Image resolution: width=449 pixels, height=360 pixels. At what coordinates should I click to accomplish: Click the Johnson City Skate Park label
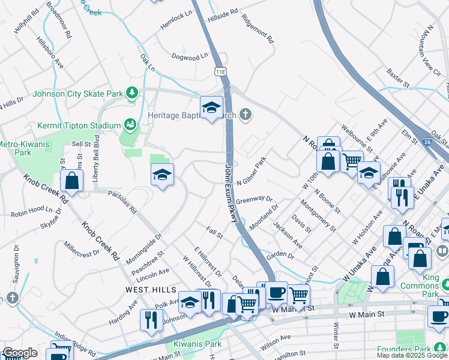click(77, 94)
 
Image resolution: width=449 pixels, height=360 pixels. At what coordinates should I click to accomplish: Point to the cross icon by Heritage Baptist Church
click(245, 114)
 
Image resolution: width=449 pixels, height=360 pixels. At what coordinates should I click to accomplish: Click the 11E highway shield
click(221, 71)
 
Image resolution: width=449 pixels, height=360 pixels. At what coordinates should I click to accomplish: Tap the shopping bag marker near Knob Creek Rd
click(71, 181)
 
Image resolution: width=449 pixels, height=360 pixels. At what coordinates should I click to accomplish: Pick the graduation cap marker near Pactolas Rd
click(162, 175)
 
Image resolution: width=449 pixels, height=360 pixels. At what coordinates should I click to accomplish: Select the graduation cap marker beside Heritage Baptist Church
click(211, 107)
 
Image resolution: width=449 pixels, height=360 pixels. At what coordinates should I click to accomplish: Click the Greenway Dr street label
click(254, 199)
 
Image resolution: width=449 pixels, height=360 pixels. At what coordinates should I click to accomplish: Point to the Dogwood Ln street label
click(189, 55)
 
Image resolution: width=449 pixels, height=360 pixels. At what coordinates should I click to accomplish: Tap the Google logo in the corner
click(19, 353)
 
